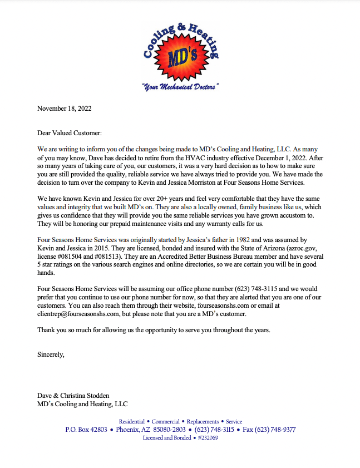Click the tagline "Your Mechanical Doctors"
[180, 87]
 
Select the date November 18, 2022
[64, 109]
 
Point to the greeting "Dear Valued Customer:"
[70, 134]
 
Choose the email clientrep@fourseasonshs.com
[78, 314]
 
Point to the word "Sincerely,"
[51, 353]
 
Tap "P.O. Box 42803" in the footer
[87, 430]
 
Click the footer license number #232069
[208, 438]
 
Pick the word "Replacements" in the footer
[203, 421]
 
